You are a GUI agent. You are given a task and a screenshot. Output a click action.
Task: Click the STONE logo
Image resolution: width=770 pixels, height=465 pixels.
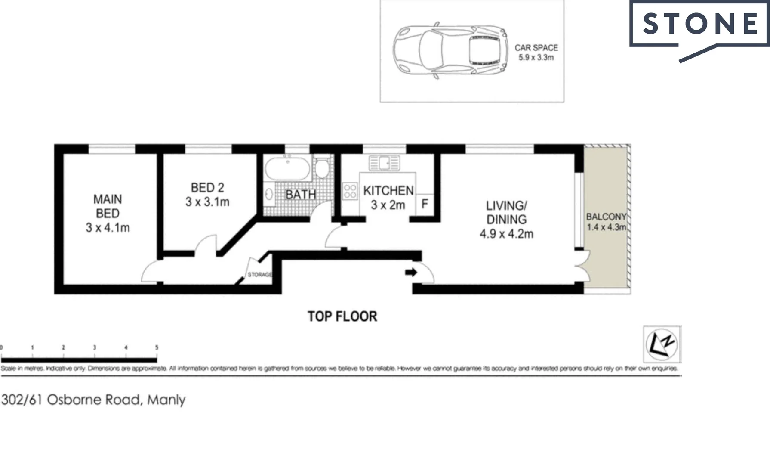(699, 24)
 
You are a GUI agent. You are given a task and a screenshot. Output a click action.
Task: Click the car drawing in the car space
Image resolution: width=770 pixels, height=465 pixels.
(450, 50)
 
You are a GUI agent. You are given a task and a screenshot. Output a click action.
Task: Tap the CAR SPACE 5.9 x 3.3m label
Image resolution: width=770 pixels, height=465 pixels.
(536, 53)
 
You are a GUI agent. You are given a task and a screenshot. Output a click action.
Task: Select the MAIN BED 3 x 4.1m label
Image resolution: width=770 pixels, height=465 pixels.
(108, 213)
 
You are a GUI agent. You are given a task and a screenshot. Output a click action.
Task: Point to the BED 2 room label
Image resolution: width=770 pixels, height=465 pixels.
(207, 195)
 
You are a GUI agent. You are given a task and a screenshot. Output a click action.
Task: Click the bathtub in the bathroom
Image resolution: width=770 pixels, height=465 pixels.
(287, 169)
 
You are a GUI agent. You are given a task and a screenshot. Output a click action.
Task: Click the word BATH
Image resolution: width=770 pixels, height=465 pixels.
(301, 195)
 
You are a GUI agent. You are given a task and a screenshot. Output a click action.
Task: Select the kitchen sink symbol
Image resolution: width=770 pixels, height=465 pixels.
(384, 163)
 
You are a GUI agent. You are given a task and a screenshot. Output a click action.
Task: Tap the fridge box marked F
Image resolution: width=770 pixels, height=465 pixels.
(425, 204)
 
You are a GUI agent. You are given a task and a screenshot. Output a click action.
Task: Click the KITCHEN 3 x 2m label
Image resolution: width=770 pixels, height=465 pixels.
(388, 198)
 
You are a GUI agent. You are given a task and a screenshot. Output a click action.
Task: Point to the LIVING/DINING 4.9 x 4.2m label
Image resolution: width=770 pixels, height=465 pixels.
(506, 220)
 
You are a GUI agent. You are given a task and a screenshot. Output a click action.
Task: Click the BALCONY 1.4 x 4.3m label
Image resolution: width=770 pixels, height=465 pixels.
(606, 222)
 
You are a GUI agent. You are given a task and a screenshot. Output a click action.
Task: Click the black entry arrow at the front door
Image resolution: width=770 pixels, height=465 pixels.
(411, 272)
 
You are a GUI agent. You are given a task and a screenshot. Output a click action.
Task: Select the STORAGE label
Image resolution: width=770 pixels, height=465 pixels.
(259, 275)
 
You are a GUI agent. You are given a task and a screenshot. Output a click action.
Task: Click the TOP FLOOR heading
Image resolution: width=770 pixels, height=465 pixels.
(342, 316)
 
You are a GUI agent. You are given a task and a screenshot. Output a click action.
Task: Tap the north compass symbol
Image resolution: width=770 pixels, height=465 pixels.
(662, 344)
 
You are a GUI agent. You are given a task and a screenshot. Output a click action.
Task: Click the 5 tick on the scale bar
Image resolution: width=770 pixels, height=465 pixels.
(157, 347)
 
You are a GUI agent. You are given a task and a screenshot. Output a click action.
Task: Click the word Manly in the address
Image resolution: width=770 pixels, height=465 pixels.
(166, 400)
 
